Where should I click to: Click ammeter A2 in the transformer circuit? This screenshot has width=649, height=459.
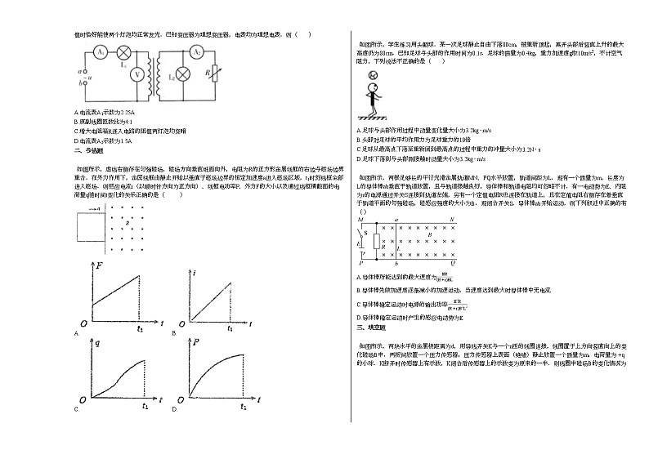(196, 51)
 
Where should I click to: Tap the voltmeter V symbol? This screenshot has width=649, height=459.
(138, 74)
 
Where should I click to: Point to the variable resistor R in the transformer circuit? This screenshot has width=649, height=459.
(213, 74)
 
